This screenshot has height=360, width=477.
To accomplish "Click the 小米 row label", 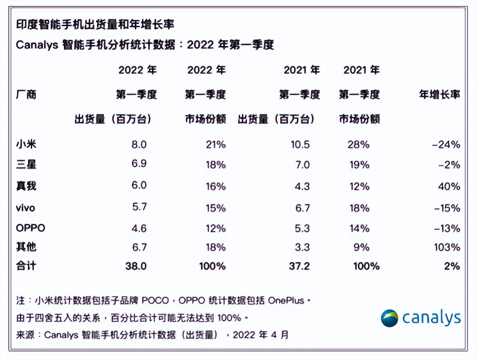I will pos(26,144).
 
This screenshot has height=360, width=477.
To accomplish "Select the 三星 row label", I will pos(26,164).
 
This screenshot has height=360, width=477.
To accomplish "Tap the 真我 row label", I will pos(26,186).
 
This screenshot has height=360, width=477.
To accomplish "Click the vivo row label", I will pos(25,208).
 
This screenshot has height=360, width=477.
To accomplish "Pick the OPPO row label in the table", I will pos(31,228).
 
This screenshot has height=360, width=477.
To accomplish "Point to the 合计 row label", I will pos(26,266).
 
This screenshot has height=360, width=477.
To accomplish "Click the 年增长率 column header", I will pos(439,94).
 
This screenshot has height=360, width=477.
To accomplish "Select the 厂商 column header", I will pos(26,94).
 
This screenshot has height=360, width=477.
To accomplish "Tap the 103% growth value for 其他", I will pos(447,247).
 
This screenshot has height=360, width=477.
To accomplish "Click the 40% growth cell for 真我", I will pos(449,186).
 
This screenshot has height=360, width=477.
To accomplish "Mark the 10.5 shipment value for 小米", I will pos(300,144).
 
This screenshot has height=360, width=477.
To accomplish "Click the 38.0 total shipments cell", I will pos(136,266).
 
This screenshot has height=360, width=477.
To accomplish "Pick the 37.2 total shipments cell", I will pos(299,266).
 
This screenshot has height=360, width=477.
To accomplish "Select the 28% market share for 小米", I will pos(358,144).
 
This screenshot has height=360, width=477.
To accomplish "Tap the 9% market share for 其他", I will pos(361,247).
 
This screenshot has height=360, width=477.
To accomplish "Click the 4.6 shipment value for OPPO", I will pos(139,228).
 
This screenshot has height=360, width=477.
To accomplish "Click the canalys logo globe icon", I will pos(389,318).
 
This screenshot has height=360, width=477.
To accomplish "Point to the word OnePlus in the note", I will pos(286,300).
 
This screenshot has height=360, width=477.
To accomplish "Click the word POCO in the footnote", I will pos(155,300).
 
